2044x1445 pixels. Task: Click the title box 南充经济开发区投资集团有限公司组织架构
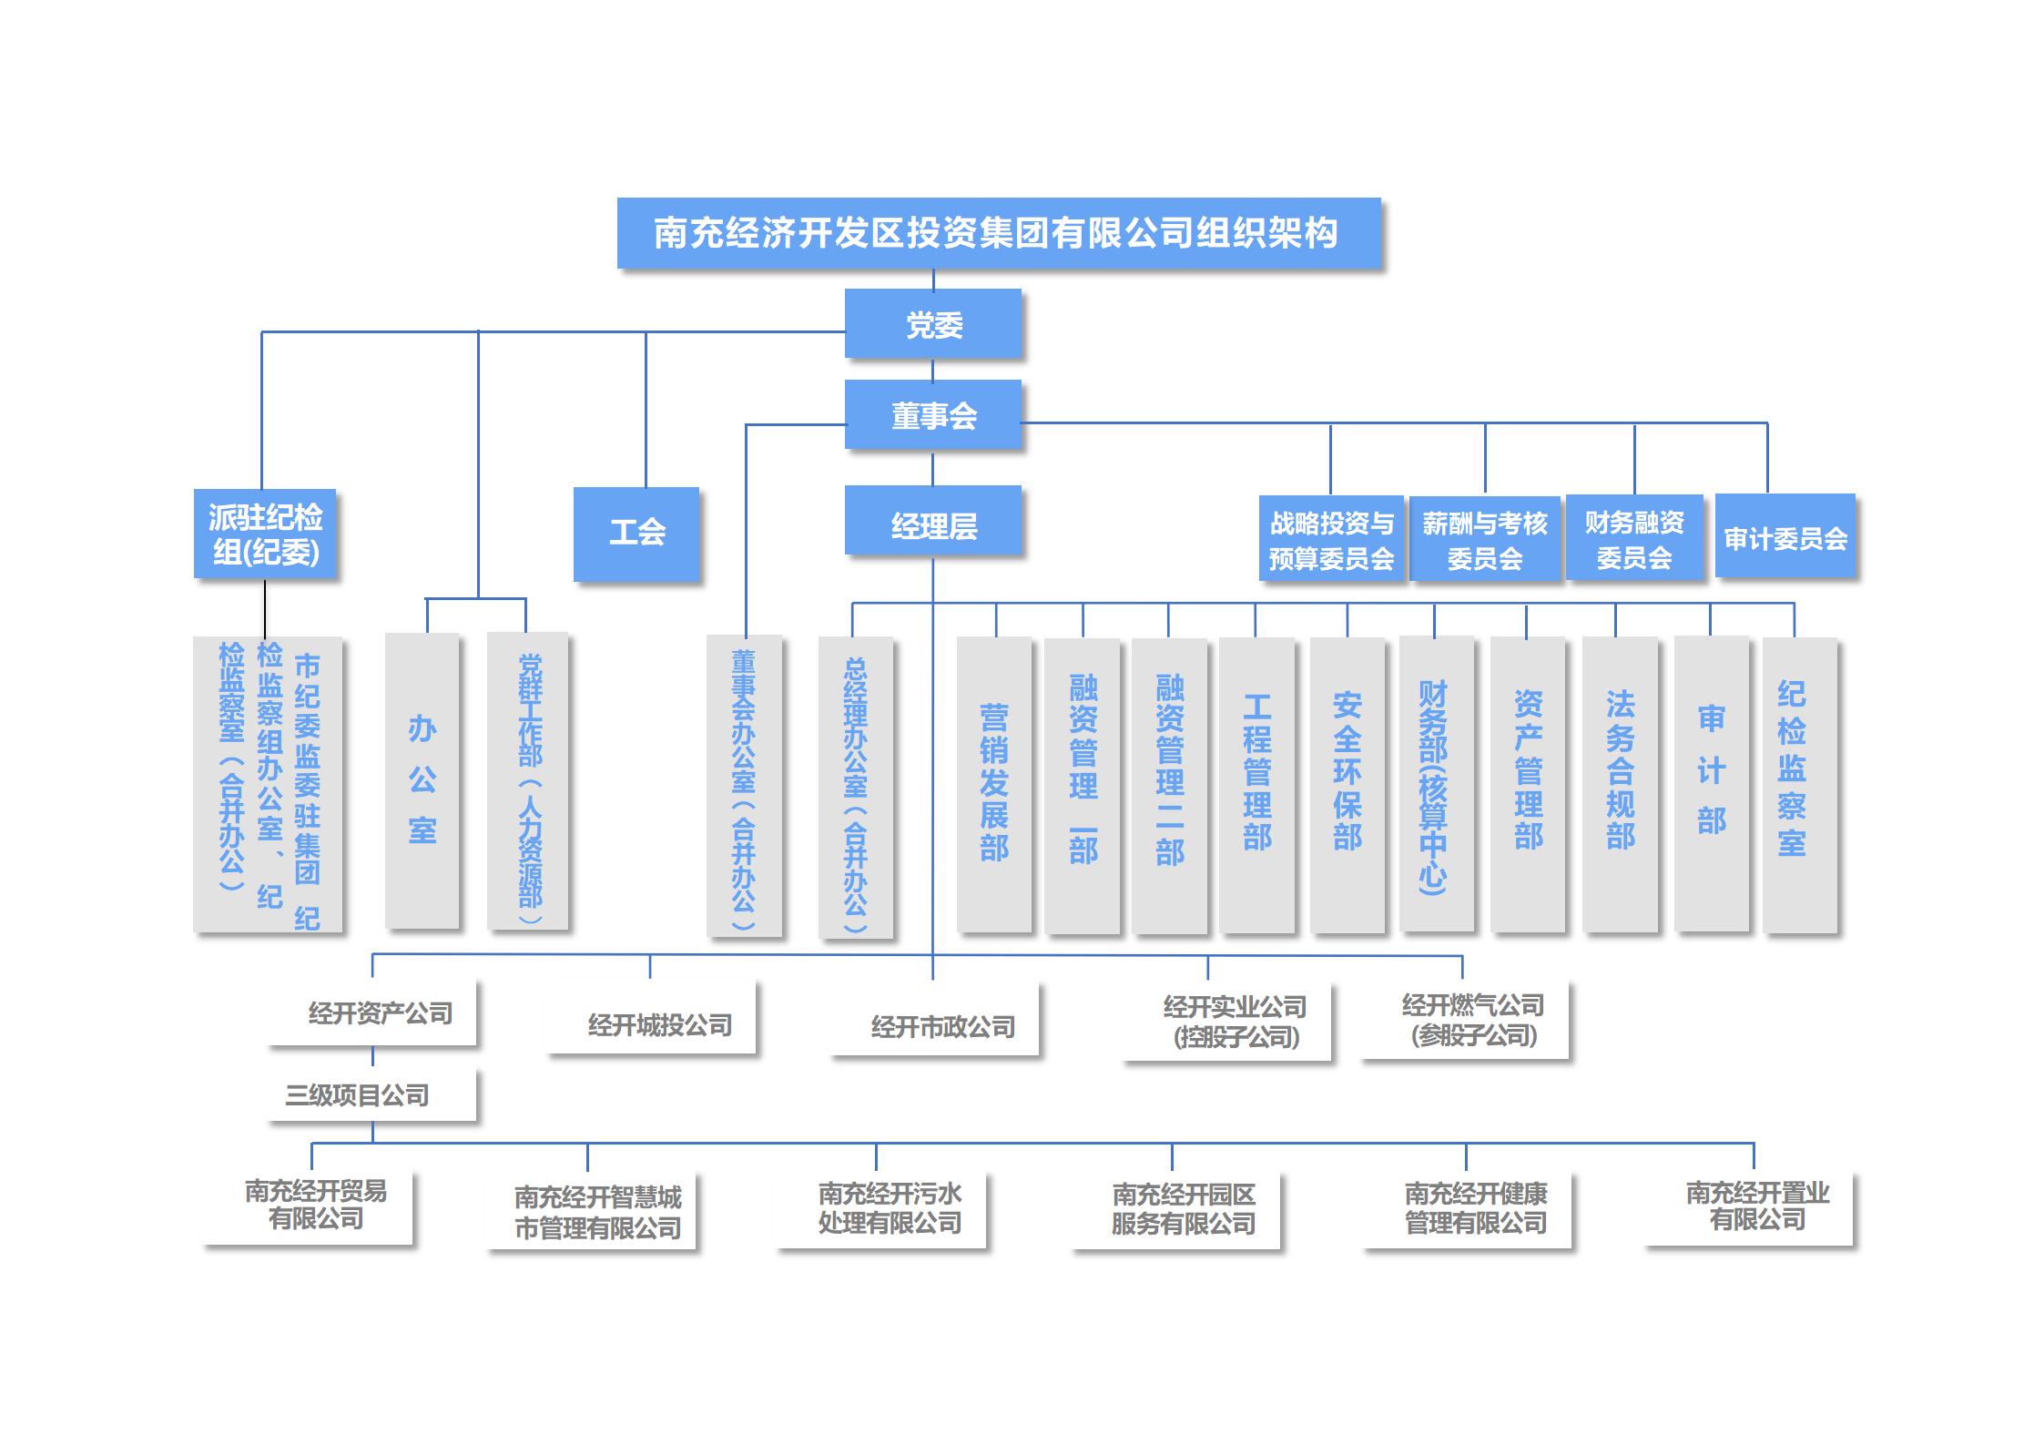click(998, 233)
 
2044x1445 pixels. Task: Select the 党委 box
click(933, 324)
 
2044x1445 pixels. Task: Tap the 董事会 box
click(933, 415)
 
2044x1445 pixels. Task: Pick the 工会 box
click(636, 534)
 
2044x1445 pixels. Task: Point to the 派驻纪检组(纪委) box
click(265, 534)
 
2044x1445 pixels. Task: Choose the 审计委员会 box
click(1785, 536)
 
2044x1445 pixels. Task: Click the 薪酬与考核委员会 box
click(1484, 538)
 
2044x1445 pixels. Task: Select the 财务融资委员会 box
click(1633, 538)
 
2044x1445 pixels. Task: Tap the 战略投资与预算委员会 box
click(1331, 538)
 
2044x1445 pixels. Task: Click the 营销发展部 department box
click(994, 783)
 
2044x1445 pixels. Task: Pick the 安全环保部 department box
click(1347, 783)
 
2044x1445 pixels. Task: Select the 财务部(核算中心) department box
click(1436, 783)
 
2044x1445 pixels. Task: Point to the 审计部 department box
click(1711, 783)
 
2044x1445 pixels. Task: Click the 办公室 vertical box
click(422, 780)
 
